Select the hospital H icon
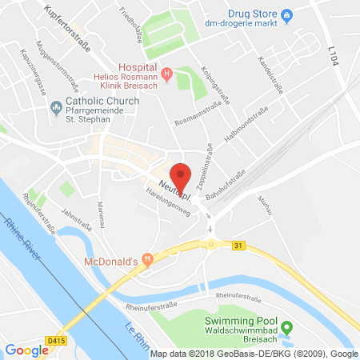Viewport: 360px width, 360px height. (x=166, y=75)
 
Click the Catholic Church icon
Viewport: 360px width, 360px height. (x=55, y=107)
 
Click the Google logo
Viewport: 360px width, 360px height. (x=26, y=350)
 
